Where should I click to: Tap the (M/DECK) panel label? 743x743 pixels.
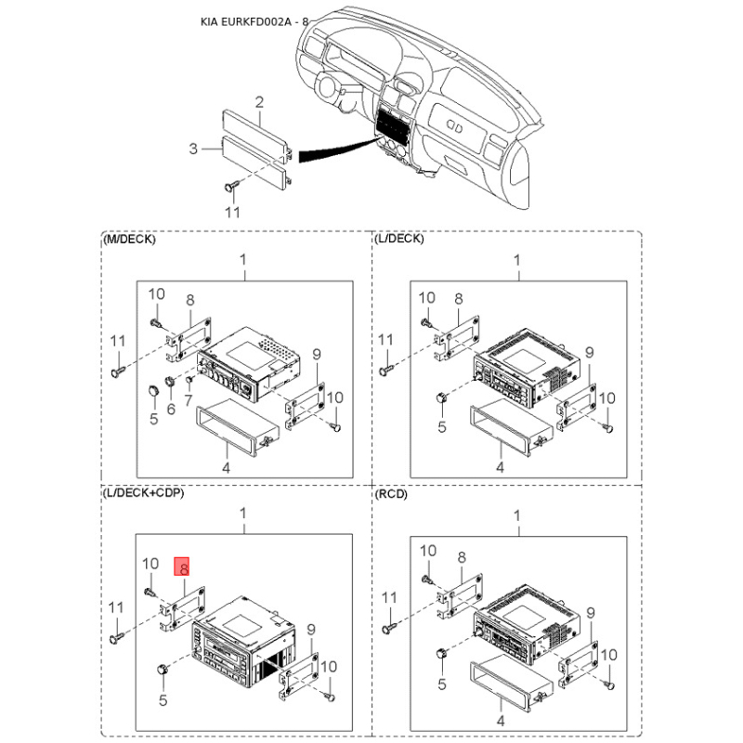point(129,240)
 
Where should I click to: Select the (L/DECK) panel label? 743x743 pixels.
point(399,240)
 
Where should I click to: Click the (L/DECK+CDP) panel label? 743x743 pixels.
point(144,492)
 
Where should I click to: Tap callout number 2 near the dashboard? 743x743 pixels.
point(260,101)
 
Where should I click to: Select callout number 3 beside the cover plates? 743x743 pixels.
point(193,149)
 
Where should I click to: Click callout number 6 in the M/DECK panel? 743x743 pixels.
point(171,408)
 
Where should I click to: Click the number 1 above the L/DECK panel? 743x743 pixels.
point(517,261)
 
